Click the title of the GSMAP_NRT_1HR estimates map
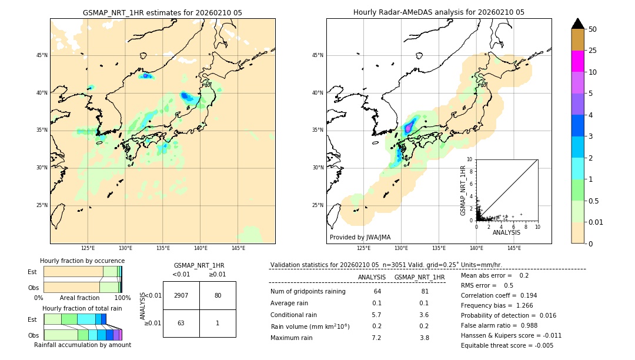162,12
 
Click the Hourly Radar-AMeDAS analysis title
439,12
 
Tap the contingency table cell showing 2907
181,295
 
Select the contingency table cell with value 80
218,295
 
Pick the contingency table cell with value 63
181,323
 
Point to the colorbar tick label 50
593,29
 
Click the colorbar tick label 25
593,51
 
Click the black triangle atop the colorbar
578,24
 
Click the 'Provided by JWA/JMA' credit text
360,237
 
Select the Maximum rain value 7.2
376,338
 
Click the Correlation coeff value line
499,295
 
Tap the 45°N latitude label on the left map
42,55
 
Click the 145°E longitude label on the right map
514,248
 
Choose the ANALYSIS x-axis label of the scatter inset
506,232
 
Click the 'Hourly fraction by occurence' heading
82,261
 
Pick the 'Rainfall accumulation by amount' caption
82,345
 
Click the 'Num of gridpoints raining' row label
308,291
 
